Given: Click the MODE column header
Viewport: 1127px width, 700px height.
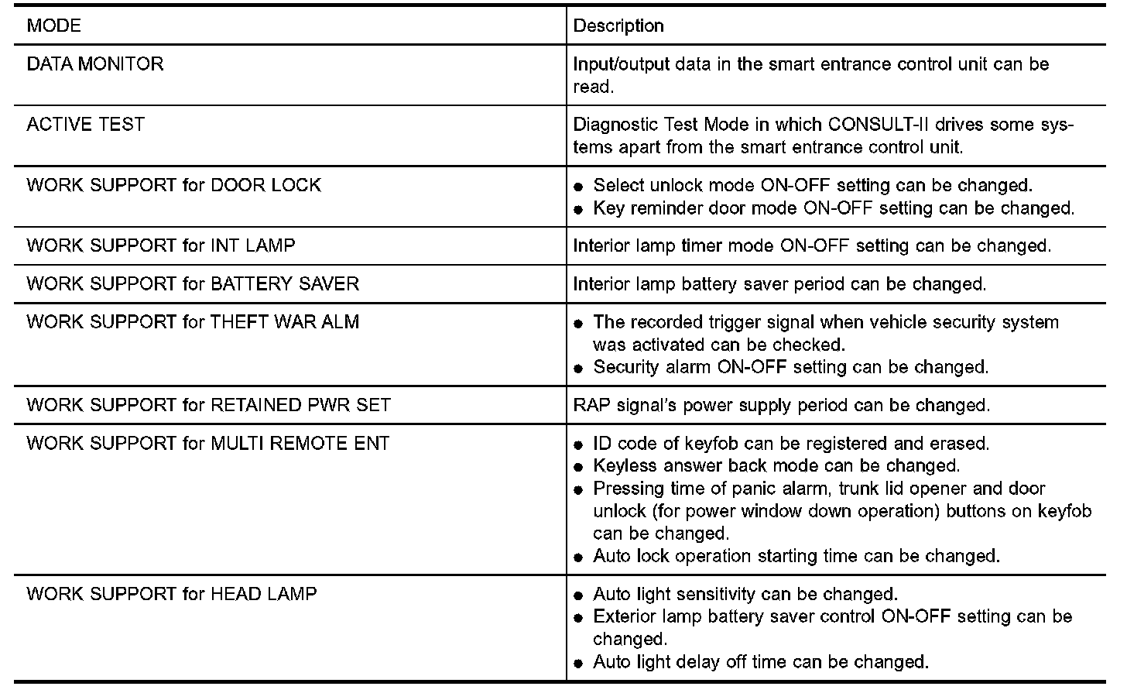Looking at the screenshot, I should (53, 26).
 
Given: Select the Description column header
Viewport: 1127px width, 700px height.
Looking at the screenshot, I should (618, 26).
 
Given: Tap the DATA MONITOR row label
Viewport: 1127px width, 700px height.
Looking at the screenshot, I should (95, 63).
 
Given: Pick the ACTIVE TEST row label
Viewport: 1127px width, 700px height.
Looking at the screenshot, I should (85, 124).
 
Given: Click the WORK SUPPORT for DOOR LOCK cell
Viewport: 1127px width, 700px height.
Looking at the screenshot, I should (173, 185).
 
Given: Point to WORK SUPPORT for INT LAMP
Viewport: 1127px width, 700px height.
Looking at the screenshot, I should (160, 245).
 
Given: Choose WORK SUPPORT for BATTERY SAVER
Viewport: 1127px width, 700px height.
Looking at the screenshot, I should (193, 283).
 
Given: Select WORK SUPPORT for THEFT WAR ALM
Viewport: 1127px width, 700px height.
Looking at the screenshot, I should (193, 321).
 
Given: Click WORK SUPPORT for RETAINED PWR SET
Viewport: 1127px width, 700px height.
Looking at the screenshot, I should (208, 405).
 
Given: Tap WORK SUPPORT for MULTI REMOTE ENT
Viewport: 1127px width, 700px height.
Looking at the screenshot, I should (207, 443).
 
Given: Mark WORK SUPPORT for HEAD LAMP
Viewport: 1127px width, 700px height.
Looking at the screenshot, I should (172, 594).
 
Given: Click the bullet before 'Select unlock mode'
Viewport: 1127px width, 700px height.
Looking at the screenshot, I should (578, 187).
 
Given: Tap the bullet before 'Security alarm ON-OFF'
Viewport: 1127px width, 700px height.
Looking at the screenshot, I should (578, 368).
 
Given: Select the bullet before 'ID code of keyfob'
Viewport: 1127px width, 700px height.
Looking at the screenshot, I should (578, 444).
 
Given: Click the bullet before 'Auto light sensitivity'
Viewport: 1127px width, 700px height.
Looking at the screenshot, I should (578, 595).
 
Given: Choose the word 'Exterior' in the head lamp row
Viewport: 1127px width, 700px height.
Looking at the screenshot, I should (625, 616).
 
